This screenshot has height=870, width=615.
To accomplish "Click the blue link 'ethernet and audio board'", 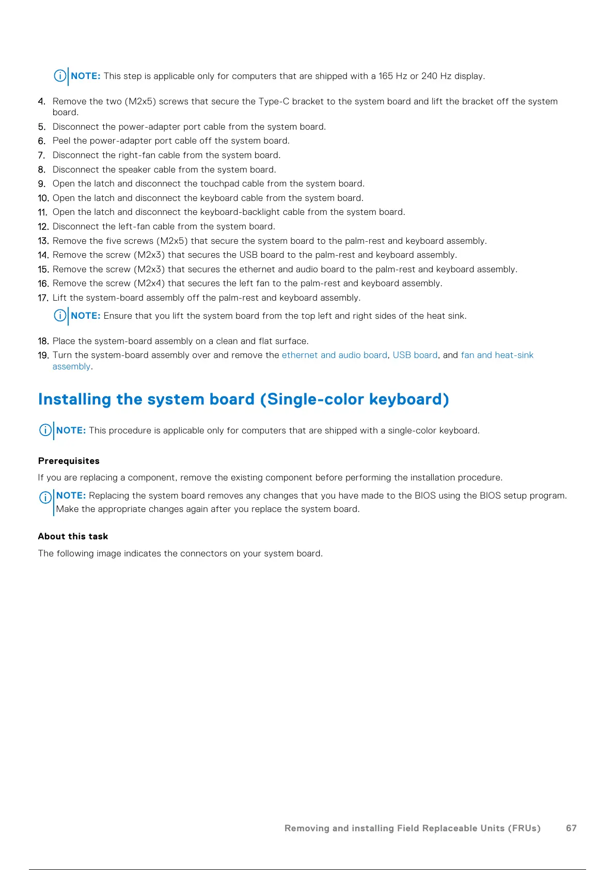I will pyautogui.click(x=334, y=355).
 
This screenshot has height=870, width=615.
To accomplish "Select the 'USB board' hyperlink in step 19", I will pyautogui.click(x=415, y=355).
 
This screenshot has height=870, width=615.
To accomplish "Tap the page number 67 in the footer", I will pyautogui.click(x=571, y=828).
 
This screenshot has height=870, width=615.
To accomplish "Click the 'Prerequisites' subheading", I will pyautogui.click(x=69, y=461).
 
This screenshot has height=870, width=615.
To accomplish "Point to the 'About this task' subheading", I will pyautogui.click(x=73, y=536).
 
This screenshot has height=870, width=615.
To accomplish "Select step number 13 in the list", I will pyautogui.click(x=43, y=241).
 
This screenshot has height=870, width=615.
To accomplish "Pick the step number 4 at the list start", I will pyautogui.click(x=41, y=101).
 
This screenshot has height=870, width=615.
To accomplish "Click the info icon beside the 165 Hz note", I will pyautogui.click(x=60, y=76).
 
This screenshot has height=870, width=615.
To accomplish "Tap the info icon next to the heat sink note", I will pyautogui.click(x=60, y=315).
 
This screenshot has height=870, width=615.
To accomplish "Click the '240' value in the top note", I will pyautogui.click(x=429, y=76).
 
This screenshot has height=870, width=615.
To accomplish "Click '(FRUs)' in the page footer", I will pyautogui.click(x=524, y=828).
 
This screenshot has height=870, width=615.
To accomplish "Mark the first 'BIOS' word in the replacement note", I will pyautogui.click(x=424, y=495).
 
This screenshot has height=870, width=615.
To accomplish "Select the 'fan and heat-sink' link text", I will pyautogui.click(x=497, y=355).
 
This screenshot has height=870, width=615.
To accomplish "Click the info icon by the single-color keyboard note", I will pyautogui.click(x=45, y=430).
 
